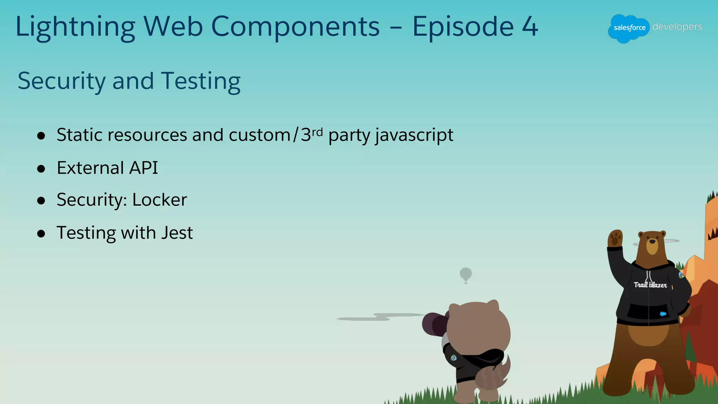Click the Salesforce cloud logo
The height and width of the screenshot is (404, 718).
tap(629, 28)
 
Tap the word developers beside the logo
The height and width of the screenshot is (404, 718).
tap(677, 27)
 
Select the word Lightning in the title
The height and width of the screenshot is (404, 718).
tap(75, 27)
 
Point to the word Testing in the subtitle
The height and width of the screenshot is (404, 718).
tap(201, 81)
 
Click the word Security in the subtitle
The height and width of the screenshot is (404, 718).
tap(61, 81)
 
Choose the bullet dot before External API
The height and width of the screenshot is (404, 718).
tap(41, 169)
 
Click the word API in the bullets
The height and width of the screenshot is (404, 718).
tap(143, 168)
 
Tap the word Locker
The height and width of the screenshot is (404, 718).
tap(160, 200)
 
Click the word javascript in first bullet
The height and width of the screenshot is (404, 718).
tap(414, 135)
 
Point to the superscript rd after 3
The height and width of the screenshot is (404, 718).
tap(317, 132)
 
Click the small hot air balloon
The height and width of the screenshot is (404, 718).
tap(466, 274)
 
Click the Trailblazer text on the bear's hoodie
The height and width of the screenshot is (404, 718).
tap(650, 285)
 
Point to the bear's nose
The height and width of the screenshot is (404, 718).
tap(652, 241)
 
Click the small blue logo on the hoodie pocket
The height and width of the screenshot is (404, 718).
tap(663, 314)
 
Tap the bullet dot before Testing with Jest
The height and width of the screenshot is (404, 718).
tap(41, 234)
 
